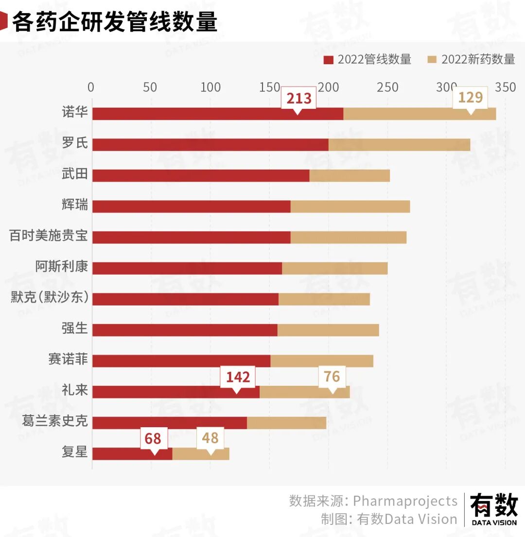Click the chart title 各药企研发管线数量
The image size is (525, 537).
115,21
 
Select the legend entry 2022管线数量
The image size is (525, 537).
367,60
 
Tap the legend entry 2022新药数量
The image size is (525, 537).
472,60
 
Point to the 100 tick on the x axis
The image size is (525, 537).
210,87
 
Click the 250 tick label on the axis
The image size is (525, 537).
387,87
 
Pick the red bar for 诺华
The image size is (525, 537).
218,114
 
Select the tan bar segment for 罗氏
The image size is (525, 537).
399,144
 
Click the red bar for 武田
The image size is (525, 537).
201,175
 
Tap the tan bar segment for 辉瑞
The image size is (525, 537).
350,207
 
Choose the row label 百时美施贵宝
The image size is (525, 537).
49,236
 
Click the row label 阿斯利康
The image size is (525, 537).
62,266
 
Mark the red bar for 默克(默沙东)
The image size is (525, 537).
186,299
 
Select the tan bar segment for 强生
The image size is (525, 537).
328,330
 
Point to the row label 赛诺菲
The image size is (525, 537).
68,359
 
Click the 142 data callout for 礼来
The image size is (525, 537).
238,378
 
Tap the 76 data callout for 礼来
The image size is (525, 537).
332,378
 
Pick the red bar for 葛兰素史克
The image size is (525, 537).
170,423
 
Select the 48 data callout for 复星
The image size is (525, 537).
210,439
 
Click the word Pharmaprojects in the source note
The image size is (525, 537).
405,501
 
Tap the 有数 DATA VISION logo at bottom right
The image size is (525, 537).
494,509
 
